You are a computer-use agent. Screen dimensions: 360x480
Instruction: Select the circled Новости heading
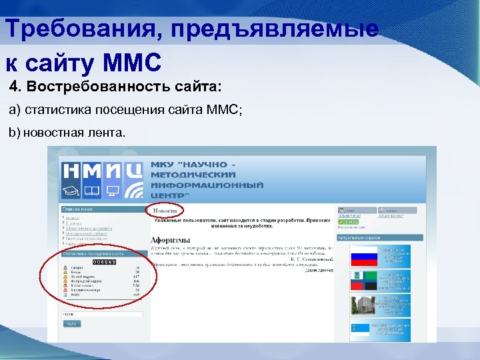click(165, 211)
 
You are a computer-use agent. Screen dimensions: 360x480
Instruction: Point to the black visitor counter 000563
click(104, 263)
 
